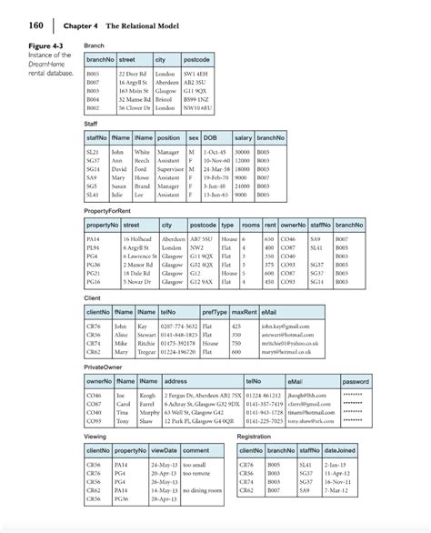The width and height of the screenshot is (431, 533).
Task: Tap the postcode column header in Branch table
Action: [198, 59]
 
